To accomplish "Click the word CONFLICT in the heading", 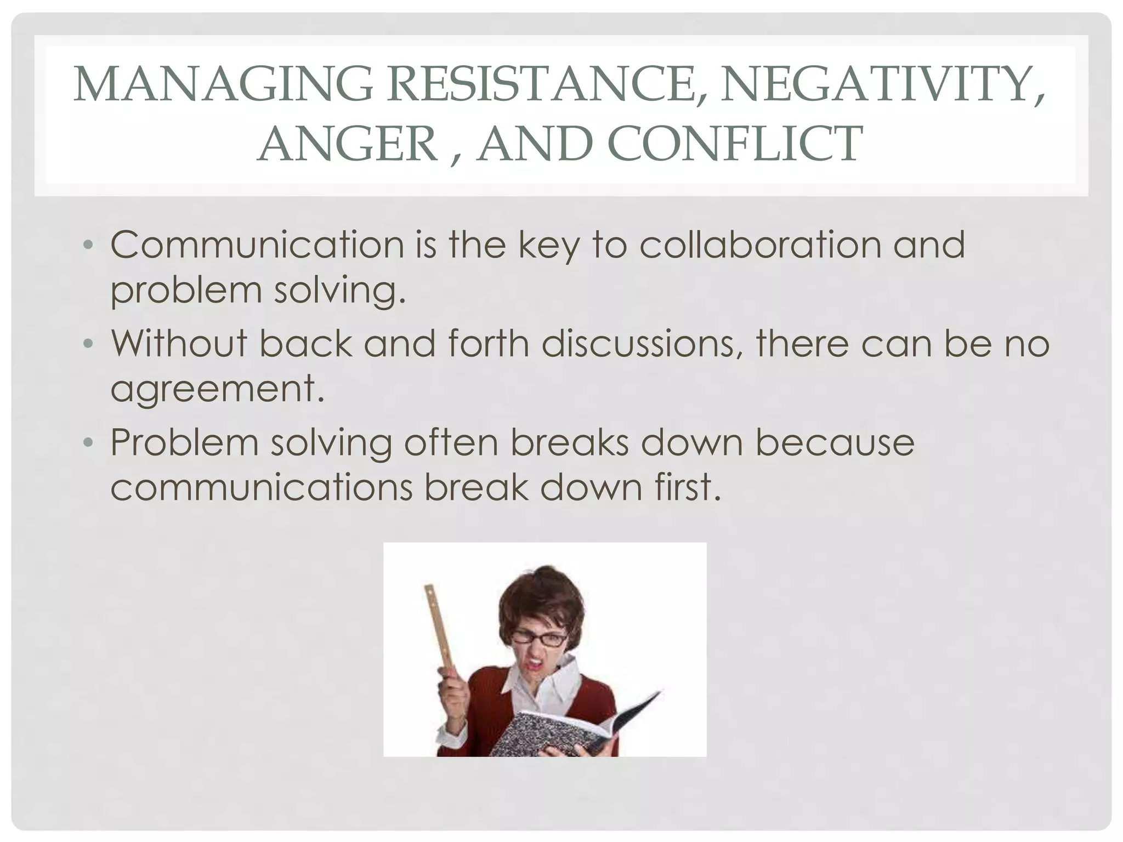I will point(734,143).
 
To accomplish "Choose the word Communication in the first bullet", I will point(257,244).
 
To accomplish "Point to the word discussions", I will point(644,343).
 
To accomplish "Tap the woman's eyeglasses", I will point(540,639).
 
